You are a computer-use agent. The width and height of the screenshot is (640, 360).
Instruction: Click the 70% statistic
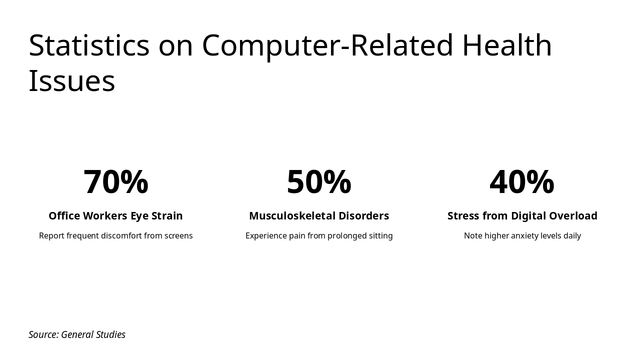(x=115, y=182)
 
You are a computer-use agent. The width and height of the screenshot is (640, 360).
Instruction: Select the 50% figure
(x=319, y=182)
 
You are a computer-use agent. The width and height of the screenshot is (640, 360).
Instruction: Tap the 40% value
(x=522, y=182)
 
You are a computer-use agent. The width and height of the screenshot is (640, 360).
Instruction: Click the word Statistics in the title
(x=89, y=45)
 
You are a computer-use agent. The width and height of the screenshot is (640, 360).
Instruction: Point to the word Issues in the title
(x=72, y=81)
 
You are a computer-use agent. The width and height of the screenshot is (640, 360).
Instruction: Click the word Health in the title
(x=506, y=45)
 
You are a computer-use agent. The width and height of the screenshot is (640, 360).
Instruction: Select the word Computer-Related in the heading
(x=327, y=45)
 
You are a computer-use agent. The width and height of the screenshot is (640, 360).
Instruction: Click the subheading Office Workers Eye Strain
(x=115, y=216)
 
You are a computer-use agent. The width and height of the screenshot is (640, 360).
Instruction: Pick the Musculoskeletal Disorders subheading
(x=319, y=216)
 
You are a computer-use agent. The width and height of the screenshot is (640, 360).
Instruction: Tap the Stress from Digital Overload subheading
(x=522, y=216)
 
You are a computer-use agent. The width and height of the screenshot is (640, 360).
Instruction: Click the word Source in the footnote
(x=43, y=334)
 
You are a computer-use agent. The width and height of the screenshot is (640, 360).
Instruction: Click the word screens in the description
(x=178, y=236)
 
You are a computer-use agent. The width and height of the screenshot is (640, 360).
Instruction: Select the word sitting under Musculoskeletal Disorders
(x=380, y=236)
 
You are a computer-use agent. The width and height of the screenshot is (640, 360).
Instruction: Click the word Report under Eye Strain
(x=51, y=236)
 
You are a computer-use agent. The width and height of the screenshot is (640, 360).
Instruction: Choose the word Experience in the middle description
(x=266, y=236)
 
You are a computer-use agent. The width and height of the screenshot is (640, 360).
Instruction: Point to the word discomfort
(x=121, y=236)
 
